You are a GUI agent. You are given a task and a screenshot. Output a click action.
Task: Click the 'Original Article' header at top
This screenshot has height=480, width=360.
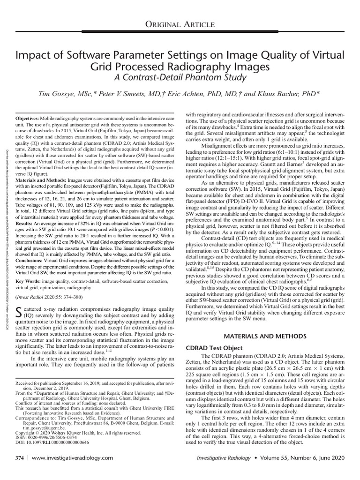click(180, 24)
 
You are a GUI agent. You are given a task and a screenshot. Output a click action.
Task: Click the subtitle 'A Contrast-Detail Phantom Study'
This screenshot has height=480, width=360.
click(180, 76)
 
